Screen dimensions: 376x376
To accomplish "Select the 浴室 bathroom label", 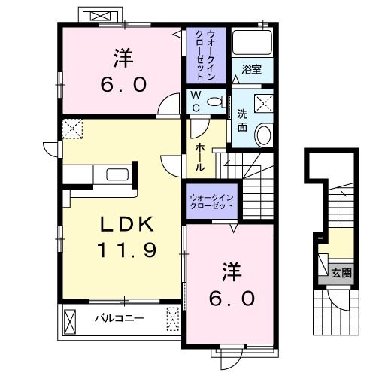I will click(x=251, y=70).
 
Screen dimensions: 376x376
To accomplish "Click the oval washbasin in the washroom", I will click(x=264, y=136).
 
